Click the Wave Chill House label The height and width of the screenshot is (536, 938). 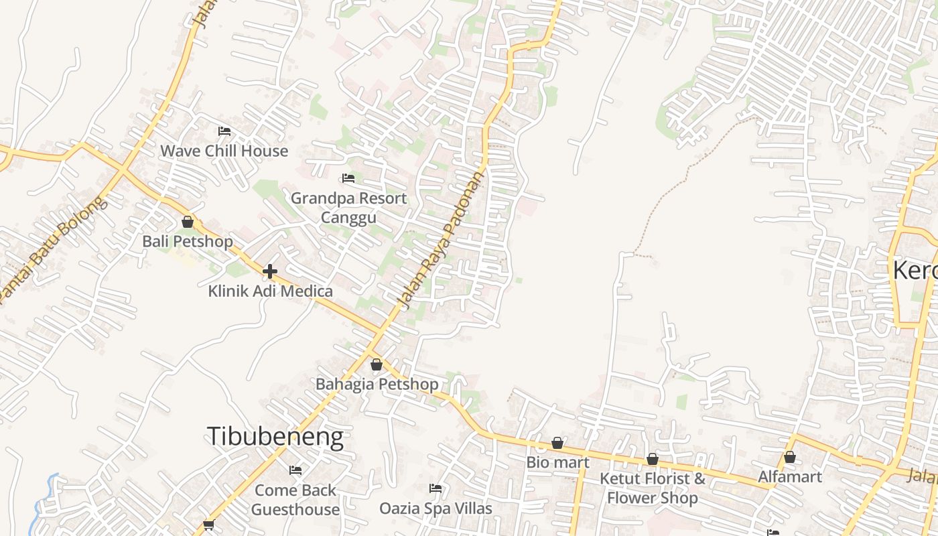point(224,151)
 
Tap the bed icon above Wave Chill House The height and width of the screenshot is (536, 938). point(224,131)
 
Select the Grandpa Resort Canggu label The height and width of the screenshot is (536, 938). point(348,208)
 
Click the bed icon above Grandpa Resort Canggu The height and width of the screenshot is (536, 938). point(348,178)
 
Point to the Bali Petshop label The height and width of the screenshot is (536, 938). point(188,241)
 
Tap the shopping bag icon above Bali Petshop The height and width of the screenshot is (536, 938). point(188,222)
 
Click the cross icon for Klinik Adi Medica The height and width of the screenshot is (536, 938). point(270,271)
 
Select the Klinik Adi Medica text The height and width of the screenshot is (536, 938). point(270,291)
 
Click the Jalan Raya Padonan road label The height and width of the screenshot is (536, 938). point(440,242)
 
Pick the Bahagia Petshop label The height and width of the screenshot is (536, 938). point(377,384)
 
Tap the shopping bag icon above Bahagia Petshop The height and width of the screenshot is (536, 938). point(377,364)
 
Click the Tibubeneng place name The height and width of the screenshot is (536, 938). point(275,436)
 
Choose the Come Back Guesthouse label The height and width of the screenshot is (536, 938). point(295,500)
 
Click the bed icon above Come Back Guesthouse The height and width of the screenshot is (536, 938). point(295,470)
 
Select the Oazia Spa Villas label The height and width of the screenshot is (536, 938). point(435,509)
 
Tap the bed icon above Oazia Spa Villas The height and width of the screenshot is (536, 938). point(435,488)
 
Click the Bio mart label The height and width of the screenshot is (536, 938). point(557,462)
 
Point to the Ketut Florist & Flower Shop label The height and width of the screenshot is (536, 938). point(653,488)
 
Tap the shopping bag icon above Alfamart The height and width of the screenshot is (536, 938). point(790,458)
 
